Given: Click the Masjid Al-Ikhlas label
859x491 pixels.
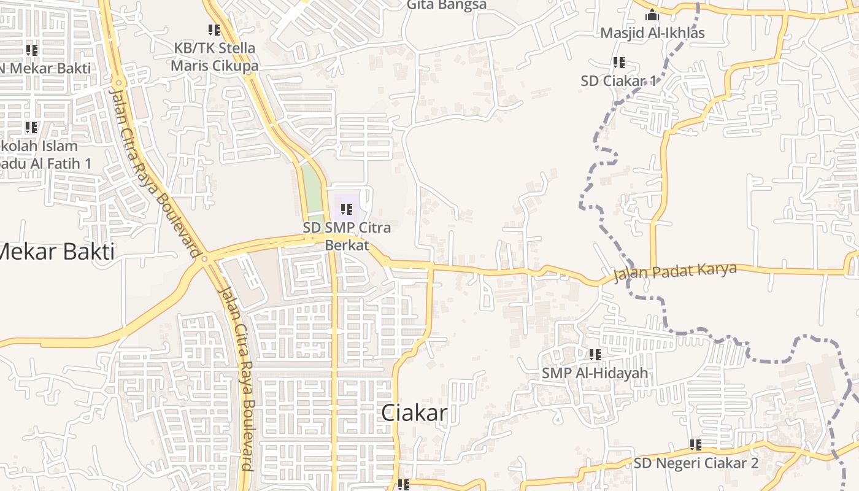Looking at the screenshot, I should click(652, 33).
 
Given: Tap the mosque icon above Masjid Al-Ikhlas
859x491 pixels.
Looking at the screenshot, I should click(652, 15).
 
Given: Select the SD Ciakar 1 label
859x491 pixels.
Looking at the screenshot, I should click(618, 80).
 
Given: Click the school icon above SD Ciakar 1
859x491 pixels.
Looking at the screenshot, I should click(618, 62).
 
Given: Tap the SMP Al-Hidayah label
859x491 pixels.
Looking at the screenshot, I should click(594, 373).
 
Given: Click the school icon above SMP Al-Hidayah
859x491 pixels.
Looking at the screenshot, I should click(595, 354).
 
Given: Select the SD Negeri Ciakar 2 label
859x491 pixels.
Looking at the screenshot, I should click(696, 463).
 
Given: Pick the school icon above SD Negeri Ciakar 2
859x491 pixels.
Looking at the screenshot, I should click(695, 444).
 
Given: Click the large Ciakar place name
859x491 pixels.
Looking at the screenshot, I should click(414, 413).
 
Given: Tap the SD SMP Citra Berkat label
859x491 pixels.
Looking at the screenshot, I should click(347, 236).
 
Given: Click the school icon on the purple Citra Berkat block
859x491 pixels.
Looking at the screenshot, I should click(347, 209).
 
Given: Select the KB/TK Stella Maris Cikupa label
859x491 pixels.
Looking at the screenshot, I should click(214, 56).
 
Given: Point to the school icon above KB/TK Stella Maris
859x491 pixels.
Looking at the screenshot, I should click(214, 29).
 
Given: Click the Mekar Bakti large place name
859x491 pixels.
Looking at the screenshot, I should click(56, 252).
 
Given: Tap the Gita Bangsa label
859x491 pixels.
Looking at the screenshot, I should click(447, 6).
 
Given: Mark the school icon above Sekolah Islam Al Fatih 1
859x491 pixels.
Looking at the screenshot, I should click(31, 128).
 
